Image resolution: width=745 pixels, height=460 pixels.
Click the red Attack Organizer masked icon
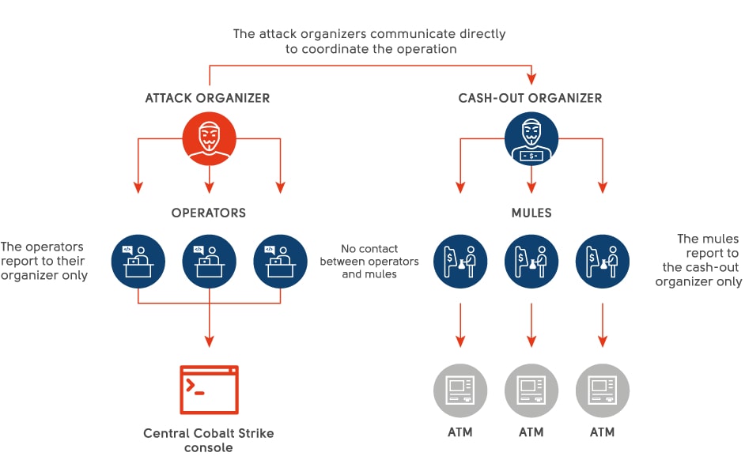[209, 138]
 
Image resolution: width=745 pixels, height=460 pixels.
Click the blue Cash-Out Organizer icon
[531, 138]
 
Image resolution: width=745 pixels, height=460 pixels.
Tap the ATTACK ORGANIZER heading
[207, 99]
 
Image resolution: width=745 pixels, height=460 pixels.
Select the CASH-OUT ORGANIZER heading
[530, 99]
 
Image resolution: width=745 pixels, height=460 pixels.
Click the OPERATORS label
[209, 213]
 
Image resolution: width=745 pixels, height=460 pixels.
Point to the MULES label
[531, 213]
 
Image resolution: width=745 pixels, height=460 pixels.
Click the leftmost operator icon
[138, 261]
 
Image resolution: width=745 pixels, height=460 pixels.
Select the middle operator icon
[209, 261]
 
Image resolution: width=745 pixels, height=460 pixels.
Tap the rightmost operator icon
[280, 261]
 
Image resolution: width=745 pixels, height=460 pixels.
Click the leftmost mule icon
[459, 261]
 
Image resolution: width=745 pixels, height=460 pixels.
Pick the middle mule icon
[531, 261]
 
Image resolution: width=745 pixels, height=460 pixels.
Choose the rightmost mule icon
[603, 261]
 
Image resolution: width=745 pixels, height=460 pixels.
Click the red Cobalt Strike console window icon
[209, 390]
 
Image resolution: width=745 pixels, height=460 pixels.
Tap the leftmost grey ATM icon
[459, 390]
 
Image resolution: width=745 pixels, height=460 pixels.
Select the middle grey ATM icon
[531, 390]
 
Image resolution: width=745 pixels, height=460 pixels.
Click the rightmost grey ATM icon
[603, 390]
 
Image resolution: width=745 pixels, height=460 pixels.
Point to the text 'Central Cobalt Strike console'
[209, 440]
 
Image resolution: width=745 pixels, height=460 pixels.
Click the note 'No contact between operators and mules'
[369, 262]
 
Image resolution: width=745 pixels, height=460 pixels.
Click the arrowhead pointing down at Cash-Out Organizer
[531, 79]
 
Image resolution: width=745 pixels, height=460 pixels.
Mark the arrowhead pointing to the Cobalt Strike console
[209, 342]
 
